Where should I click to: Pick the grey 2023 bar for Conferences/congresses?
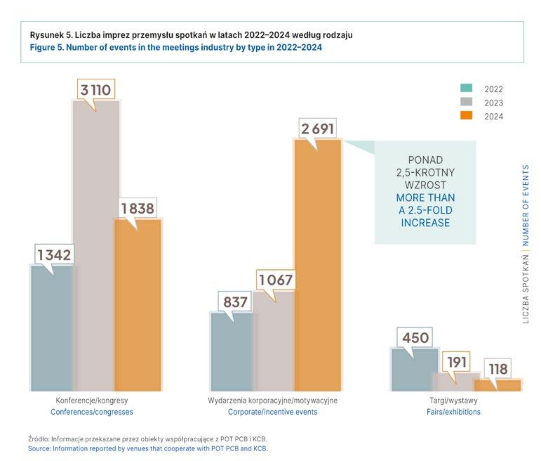[x=95, y=246]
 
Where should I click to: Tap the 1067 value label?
[x=276, y=280]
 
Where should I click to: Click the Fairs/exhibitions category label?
[x=453, y=412]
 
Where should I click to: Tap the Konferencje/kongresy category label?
[x=95, y=400]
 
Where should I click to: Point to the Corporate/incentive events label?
[x=273, y=412]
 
